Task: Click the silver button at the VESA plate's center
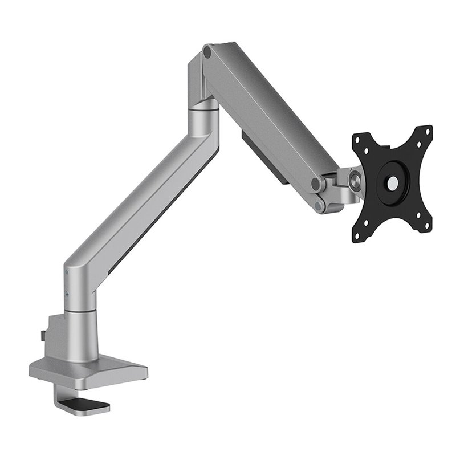coord(393,184)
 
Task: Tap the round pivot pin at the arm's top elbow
coord(207,52)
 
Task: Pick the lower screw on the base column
coord(68,293)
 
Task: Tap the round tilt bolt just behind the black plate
coord(356,181)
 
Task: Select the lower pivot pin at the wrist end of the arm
coord(323,203)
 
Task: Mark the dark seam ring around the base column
coord(79,311)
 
